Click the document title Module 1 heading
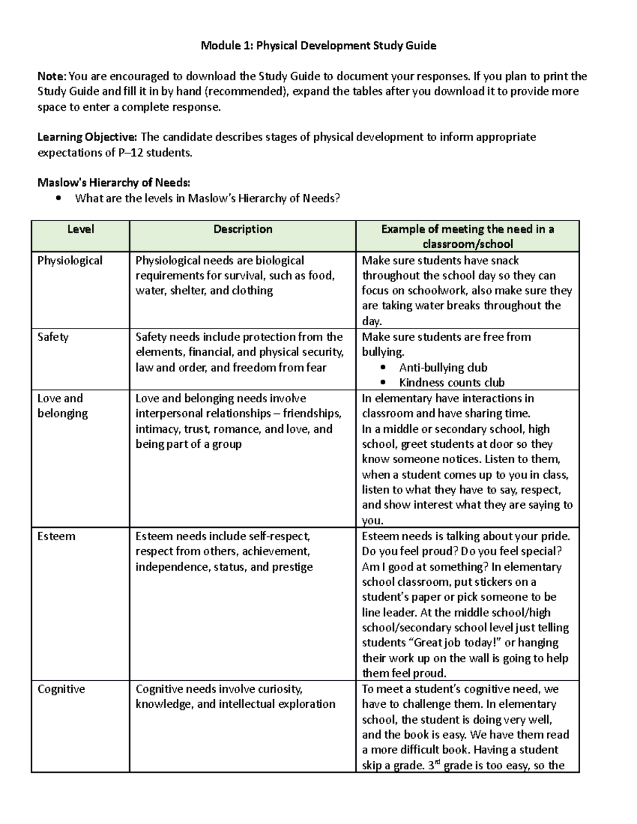tap(318, 46)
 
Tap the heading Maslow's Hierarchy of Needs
tap(113, 183)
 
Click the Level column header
tap(80, 229)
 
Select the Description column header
tap(243, 229)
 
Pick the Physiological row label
tap(70, 261)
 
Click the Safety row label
tap(53, 337)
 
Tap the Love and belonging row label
tap(62, 406)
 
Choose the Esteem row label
tap(56, 536)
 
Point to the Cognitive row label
tap(61, 689)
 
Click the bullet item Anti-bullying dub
tap(443, 368)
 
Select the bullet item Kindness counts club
tap(451, 383)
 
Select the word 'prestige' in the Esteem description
tap(292, 567)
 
